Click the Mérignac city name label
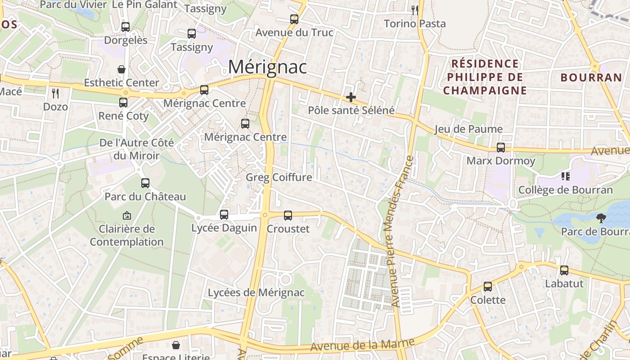tap(267, 67)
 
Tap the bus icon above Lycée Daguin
tap(224, 215)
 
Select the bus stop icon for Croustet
tap(288, 216)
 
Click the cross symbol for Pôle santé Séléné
tap(351, 97)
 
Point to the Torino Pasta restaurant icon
tap(415, 10)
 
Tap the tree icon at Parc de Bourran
tap(601, 219)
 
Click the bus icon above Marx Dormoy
tap(500, 148)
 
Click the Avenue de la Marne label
tap(362, 344)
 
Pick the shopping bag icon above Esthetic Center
tap(121, 69)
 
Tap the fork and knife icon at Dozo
tap(55, 94)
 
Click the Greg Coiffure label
tap(279, 177)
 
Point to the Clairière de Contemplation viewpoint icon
tap(126, 216)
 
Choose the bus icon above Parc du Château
tap(145, 183)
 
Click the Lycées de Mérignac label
tap(256, 293)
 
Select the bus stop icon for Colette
tap(487, 287)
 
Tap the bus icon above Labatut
tap(564, 270)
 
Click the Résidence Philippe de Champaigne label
tap(485, 77)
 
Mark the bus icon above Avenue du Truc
tap(294, 19)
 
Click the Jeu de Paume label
tap(468, 130)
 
